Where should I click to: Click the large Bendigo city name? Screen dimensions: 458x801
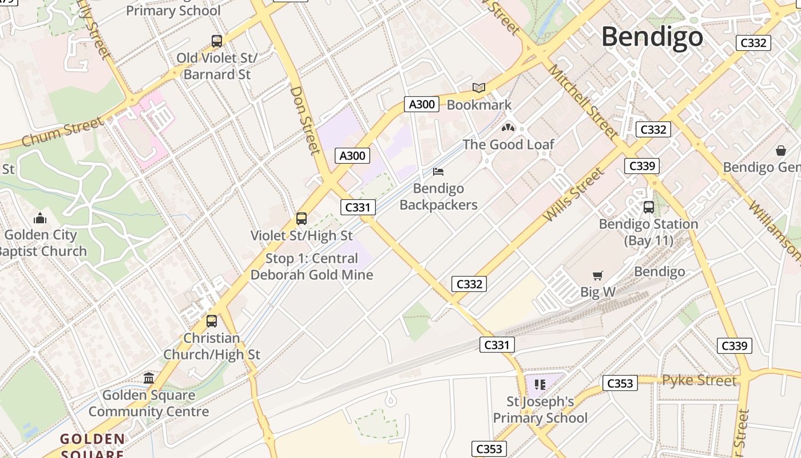point(652,37)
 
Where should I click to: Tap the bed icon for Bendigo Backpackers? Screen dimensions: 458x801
point(438,171)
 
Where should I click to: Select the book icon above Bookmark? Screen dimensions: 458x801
point(479,88)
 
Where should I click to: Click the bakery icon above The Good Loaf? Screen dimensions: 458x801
point(508,127)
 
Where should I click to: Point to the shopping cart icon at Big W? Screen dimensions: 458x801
point(598,276)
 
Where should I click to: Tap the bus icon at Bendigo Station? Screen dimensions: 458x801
point(648,207)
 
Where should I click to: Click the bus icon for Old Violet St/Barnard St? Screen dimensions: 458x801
point(217,41)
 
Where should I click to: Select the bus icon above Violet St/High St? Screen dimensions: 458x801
point(302,218)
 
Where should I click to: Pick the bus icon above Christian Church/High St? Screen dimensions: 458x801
point(212,321)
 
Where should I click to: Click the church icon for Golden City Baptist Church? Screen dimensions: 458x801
point(40,218)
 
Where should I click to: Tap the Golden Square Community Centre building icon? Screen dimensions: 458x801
point(149,378)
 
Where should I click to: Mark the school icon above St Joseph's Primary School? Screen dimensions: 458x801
point(540,385)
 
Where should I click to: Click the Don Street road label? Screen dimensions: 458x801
point(305,120)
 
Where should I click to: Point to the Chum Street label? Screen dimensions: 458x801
point(63,131)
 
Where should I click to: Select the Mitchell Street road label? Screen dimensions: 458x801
point(582,101)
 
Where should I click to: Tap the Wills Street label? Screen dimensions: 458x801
point(574,195)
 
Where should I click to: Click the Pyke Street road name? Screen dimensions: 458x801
point(699,381)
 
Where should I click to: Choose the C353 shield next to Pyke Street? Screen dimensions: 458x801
point(620,383)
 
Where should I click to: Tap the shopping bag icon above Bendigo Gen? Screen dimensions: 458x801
point(781,151)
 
